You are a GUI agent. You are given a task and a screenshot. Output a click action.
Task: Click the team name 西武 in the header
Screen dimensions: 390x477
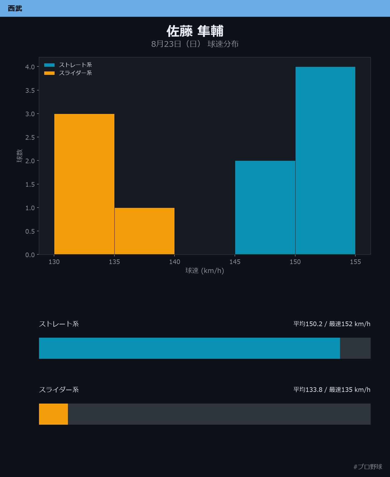click(15, 8)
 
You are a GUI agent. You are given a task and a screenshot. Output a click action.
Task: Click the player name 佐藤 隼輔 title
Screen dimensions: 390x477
click(195, 31)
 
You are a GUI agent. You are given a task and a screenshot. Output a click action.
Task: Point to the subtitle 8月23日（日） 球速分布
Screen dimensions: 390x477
click(195, 44)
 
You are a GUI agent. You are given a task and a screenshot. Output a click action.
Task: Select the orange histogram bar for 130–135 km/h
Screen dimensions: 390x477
click(84, 184)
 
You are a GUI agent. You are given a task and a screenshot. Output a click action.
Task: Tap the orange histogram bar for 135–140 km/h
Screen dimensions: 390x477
click(144, 231)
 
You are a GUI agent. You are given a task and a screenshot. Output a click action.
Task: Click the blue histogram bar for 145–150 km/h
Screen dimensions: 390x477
click(265, 208)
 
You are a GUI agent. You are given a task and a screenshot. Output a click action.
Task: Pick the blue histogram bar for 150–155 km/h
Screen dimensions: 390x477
click(325, 160)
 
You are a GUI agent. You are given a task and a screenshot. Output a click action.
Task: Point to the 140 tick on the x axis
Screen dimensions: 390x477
click(174, 262)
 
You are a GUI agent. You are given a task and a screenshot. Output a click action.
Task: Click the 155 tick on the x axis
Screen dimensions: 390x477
click(355, 262)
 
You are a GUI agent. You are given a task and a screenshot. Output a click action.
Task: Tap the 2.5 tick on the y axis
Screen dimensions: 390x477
click(30, 137)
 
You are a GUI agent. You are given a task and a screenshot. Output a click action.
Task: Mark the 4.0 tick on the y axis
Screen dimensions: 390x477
click(30, 67)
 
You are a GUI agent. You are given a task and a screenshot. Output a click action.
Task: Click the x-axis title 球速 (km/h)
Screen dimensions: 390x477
click(205, 271)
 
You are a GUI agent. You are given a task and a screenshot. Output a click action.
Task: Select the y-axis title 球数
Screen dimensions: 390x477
click(19, 156)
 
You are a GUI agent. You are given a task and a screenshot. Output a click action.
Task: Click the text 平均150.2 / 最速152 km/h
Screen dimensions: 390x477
click(332, 324)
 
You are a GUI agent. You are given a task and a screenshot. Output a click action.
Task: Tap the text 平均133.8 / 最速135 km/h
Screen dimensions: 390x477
click(332, 390)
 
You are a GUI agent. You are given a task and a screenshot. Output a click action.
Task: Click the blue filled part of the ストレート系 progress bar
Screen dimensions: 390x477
click(190, 348)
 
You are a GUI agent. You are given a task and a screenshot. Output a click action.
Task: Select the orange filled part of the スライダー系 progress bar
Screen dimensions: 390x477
click(53, 414)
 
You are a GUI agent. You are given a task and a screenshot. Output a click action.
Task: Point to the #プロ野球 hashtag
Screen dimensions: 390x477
click(368, 467)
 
